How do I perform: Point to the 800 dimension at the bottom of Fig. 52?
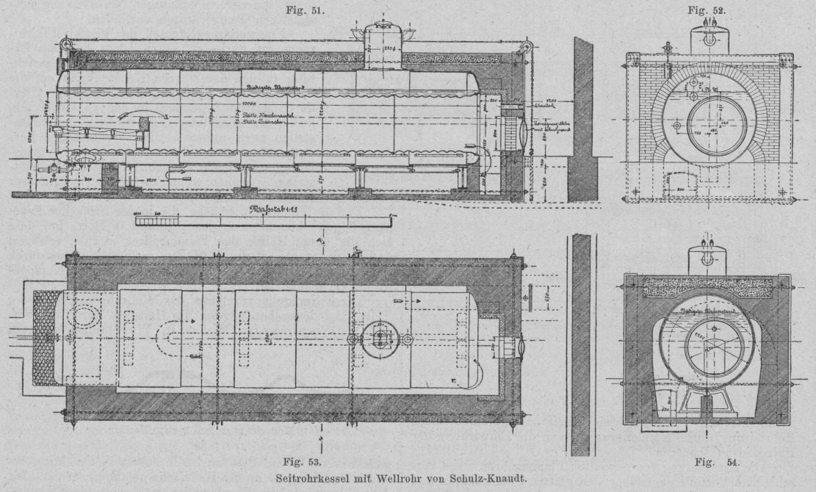click(679, 189)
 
